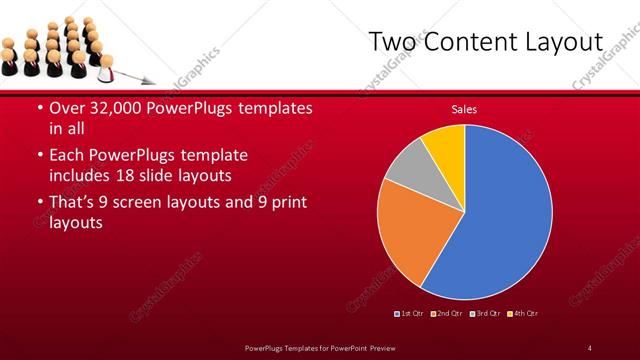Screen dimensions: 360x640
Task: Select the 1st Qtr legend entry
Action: (x=411, y=314)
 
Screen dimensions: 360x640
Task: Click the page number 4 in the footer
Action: (x=589, y=347)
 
